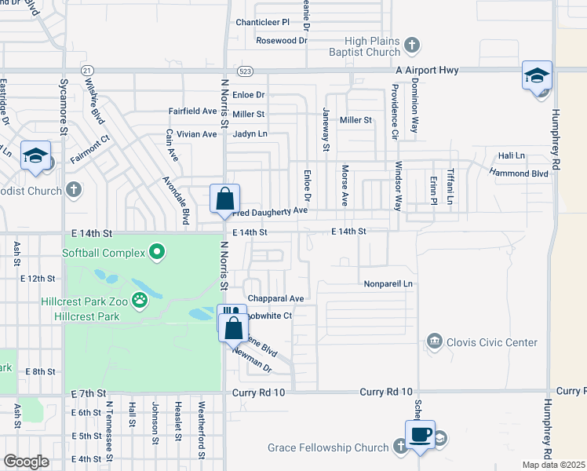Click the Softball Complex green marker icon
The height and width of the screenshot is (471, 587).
click(x=157, y=252)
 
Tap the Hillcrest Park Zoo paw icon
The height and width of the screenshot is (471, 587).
click(x=140, y=299)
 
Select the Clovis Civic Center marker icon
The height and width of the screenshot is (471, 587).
click(x=433, y=341)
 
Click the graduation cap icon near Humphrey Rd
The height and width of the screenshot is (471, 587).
click(x=538, y=76)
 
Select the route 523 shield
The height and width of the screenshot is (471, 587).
click(x=246, y=70)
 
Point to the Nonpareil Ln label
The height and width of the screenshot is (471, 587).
click(x=388, y=283)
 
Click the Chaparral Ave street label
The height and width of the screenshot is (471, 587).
click(x=275, y=298)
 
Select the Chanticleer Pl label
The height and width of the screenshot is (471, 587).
click(x=263, y=22)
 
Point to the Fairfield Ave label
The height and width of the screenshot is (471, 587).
click(x=192, y=111)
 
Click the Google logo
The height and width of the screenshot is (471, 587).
click(x=26, y=462)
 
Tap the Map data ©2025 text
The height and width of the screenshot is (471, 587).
click(x=554, y=465)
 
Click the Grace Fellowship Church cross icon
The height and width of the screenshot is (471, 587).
click(x=399, y=447)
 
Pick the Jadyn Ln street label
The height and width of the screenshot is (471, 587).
click(x=250, y=134)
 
